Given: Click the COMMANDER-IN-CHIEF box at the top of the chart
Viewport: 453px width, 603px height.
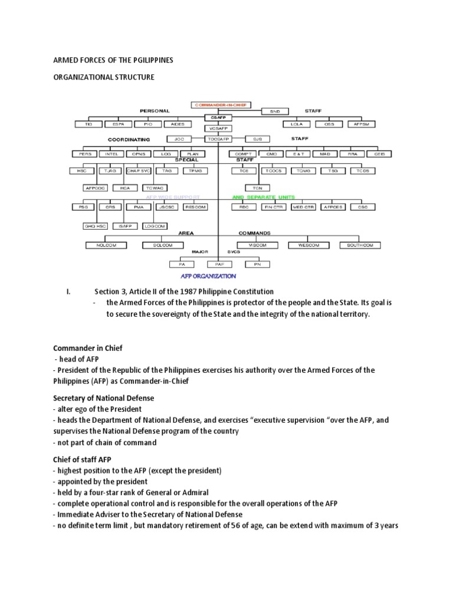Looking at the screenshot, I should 221,105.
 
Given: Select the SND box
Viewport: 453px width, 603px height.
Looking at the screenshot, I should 275,111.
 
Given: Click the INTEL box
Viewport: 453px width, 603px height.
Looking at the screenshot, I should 111,154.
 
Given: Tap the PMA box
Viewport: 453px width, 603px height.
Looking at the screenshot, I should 139,207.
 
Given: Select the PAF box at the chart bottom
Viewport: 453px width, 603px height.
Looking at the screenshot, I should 219,264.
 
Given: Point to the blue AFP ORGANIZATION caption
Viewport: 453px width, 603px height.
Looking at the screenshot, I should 209,276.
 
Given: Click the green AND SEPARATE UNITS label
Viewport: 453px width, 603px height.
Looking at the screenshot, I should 264,197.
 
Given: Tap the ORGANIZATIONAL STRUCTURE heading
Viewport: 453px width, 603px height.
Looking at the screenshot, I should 104,77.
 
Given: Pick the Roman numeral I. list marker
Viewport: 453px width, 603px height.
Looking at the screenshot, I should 68,291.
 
